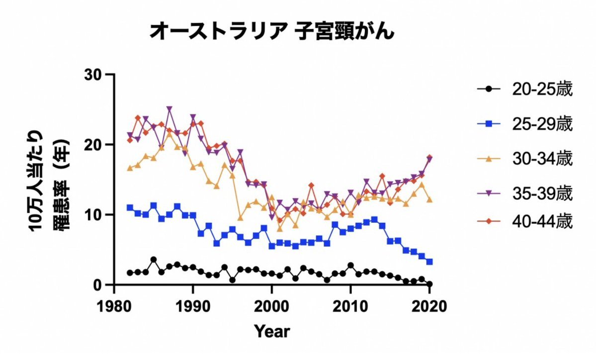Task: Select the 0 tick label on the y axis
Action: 102,285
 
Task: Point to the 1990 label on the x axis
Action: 193,304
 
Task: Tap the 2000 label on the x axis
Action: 272,304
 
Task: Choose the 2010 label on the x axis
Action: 350,304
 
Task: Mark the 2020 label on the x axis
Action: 429,304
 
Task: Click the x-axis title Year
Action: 271,331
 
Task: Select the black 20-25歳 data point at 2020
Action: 429,284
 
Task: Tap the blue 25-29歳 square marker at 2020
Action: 429,262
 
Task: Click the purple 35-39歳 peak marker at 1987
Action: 170,109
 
